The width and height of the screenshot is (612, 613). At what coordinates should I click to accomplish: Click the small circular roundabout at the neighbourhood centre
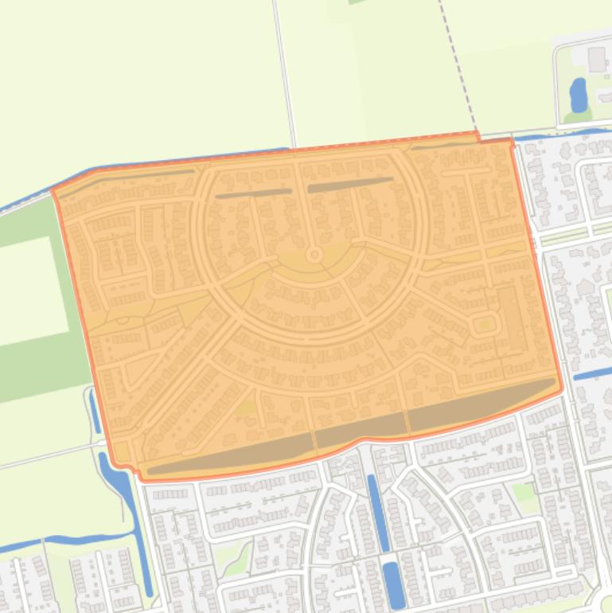tap(314, 255)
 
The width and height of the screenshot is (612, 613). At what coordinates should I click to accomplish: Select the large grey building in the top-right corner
tap(598, 57)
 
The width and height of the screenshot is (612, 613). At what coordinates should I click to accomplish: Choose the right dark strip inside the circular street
tap(350, 184)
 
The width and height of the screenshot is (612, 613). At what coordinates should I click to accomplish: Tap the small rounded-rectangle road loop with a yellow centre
tap(484, 324)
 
